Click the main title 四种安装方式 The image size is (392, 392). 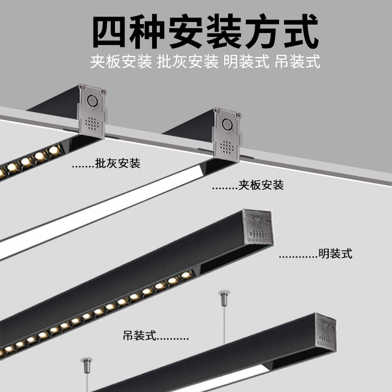(205, 32)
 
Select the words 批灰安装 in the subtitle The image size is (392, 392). (188, 62)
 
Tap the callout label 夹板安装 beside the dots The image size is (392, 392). (261, 185)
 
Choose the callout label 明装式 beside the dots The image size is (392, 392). (335, 254)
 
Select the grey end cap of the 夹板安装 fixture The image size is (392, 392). (227, 133)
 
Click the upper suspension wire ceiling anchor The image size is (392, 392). (223, 300)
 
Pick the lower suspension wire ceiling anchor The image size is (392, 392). (86, 364)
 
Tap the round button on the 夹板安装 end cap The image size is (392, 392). (227, 124)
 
